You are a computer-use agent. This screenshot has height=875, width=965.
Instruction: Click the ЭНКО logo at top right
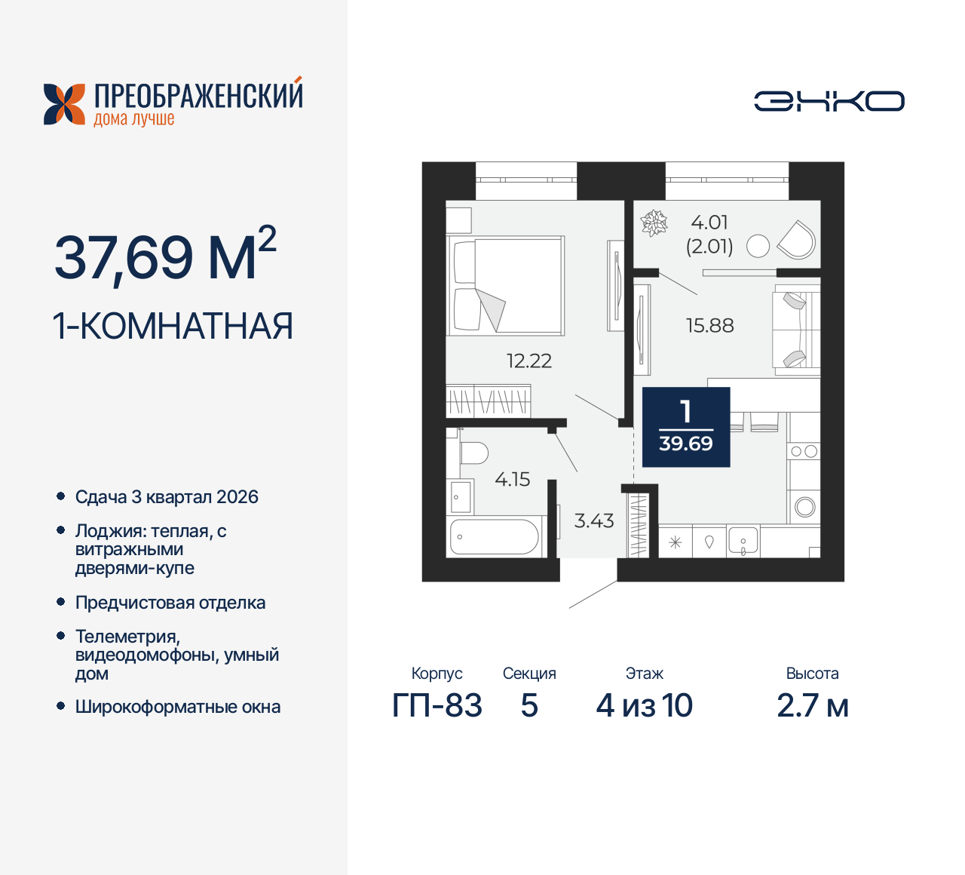829,101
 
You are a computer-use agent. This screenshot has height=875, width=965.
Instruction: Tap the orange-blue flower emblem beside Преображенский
64,104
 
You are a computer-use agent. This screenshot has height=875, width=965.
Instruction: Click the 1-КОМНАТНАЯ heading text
173,326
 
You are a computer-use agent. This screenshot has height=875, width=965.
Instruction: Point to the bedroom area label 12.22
528,361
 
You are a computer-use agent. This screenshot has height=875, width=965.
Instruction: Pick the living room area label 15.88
709,325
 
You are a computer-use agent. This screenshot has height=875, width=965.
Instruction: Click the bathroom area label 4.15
512,479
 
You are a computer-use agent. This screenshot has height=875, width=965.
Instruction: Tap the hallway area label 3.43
594,520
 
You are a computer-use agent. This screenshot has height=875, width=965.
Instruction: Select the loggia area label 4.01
709,223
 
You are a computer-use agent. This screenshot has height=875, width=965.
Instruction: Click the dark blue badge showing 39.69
685,427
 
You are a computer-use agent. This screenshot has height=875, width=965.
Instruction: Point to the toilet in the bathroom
473,453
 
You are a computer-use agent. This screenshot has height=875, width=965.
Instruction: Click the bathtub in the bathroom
495,537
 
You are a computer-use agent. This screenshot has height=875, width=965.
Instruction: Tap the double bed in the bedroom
505,285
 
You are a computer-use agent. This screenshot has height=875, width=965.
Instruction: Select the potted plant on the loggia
654,223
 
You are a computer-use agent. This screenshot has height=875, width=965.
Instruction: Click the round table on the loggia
757,246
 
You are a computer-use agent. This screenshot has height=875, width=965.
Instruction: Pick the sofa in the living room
796,330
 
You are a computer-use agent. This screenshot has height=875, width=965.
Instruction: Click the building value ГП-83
437,705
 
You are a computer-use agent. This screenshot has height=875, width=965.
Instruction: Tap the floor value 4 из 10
644,705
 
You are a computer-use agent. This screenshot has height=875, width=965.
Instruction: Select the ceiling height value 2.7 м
812,705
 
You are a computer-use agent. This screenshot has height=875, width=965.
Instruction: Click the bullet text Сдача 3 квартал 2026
167,497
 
